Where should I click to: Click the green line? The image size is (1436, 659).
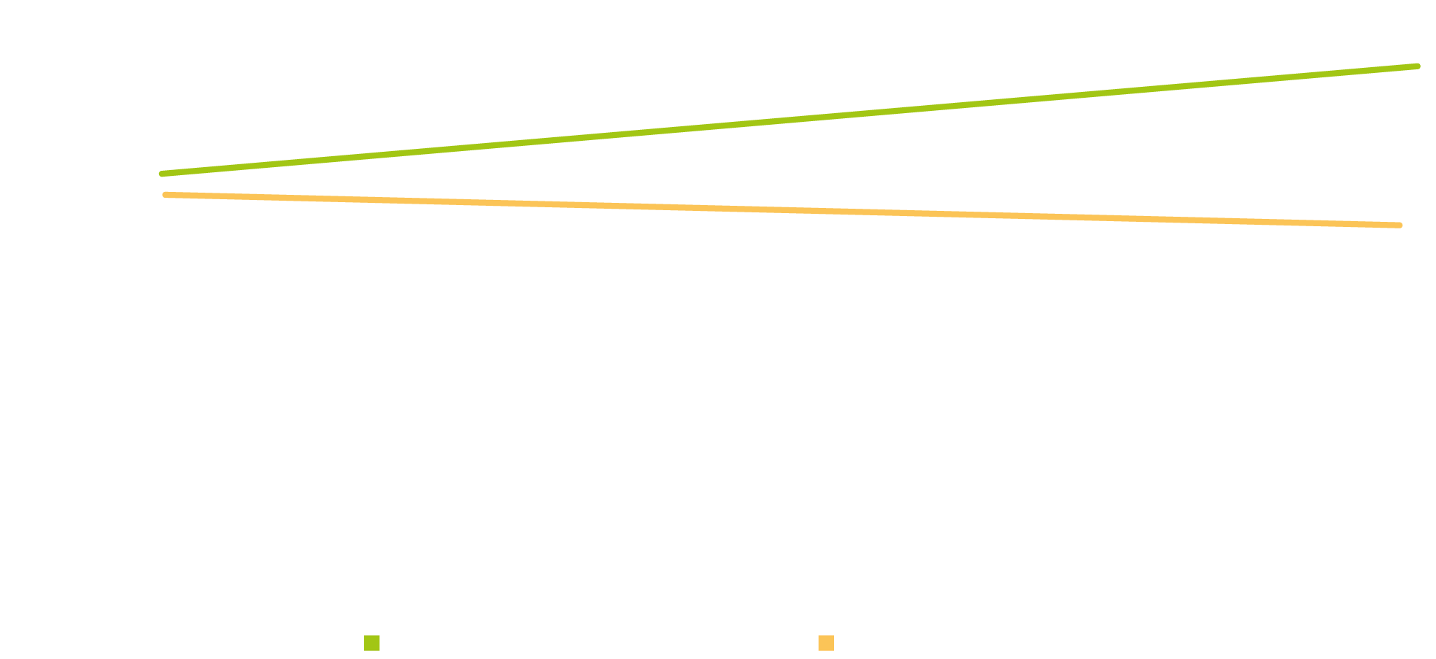[x=790, y=120]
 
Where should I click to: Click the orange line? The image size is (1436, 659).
[x=783, y=210]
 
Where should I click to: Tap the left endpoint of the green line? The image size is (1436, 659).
[x=161, y=174]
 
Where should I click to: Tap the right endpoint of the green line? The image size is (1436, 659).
[x=1418, y=66]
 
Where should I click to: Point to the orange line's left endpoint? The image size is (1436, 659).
[x=166, y=195]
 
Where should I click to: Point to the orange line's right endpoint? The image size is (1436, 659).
[x=1400, y=226]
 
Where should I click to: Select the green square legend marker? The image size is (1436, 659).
[x=371, y=643]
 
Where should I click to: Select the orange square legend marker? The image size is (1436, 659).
[x=826, y=643]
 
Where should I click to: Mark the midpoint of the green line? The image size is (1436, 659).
[x=790, y=120]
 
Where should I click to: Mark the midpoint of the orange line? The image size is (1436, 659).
[x=783, y=210]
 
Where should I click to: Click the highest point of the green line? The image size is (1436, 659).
[x=1418, y=66]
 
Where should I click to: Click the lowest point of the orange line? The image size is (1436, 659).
[x=1400, y=226]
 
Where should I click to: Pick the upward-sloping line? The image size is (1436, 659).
[x=790, y=120]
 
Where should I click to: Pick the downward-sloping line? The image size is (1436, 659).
[x=783, y=210]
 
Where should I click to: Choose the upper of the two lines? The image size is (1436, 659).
[x=790, y=120]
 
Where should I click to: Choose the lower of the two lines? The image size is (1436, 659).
[x=783, y=210]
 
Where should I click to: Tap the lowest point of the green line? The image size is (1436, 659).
[x=161, y=174]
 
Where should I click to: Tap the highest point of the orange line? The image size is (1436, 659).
[x=166, y=195]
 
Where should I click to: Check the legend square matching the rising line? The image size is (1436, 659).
[x=371, y=643]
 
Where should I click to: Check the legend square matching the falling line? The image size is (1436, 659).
[x=826, y=643]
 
